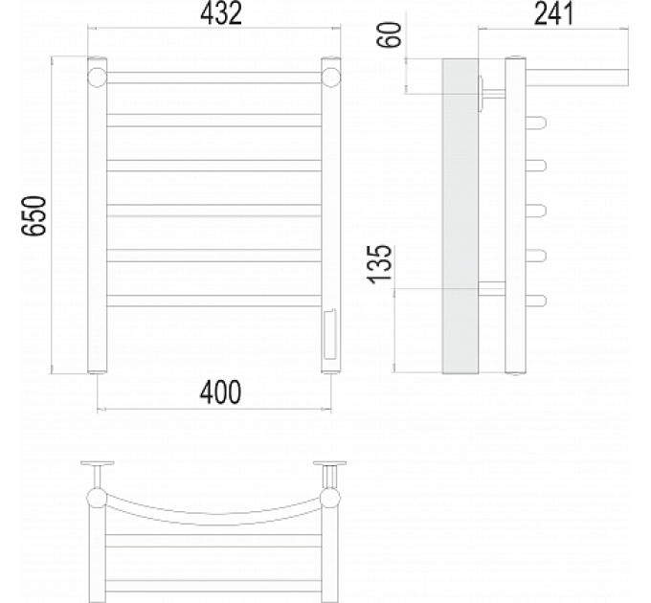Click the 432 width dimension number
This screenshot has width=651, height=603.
[221, 12]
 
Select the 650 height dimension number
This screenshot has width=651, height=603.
[34, 215]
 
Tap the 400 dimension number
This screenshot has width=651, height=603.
[220, 392]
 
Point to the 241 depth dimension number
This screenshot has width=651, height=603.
[554, 12]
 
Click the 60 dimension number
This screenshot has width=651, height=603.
[390, 34]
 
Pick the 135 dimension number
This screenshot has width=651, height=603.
[379, 264]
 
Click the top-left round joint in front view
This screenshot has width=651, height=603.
[97, 78]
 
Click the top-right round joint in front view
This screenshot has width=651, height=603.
[331, 78]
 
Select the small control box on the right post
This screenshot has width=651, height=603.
[331, 334]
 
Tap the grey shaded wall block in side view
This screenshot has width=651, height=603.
[460, 215]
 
